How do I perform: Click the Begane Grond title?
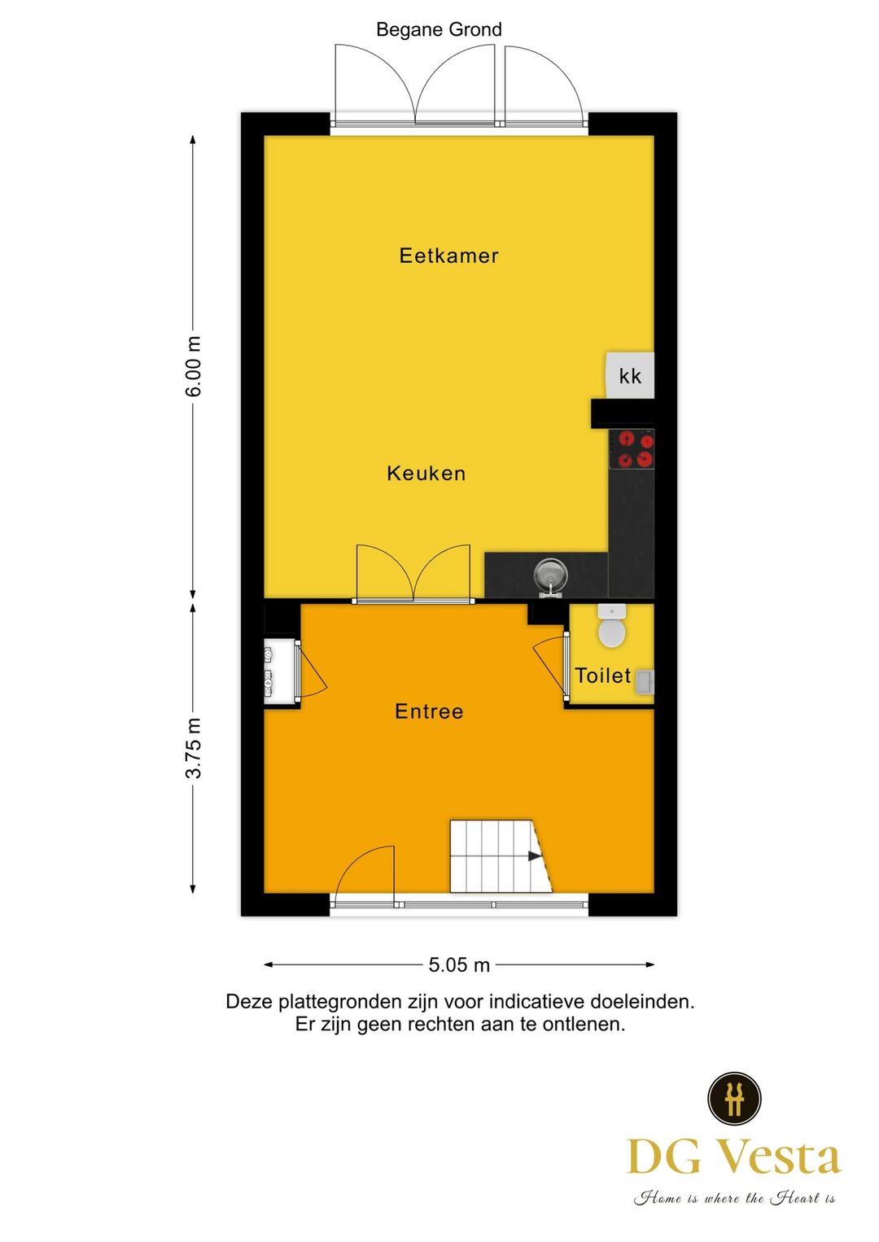(439, 30)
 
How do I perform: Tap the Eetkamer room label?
(448, 256)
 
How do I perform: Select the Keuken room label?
(426, 474)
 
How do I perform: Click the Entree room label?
(429, 711)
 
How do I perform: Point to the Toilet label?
(602, 676)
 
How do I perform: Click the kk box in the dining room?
(630, 375)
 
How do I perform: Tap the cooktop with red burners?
(632, 449)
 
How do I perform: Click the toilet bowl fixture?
(611, 628)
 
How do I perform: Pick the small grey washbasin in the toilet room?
(645, 681)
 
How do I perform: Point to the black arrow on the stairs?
(535, 856)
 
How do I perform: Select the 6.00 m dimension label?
(194, 366)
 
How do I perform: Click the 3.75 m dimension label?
(194, 748)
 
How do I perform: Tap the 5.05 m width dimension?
(459, 965)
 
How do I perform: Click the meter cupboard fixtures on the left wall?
(269, 672)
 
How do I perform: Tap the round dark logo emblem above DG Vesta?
(734, 1098)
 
